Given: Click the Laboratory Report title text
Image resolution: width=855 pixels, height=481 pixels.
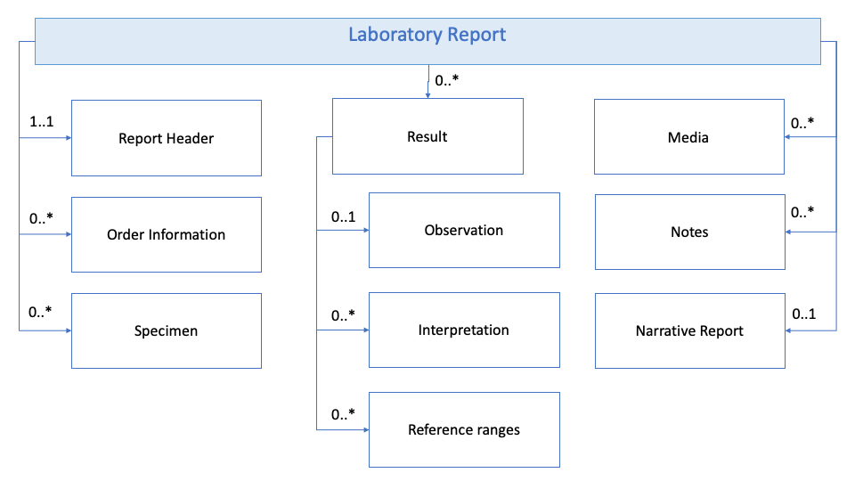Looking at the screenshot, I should [x=427, y=36].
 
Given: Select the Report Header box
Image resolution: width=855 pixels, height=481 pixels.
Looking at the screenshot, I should [x=167, y=138].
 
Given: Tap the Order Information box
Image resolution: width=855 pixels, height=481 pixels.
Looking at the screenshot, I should [x=167, y=235].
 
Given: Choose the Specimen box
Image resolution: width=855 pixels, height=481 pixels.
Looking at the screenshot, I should [x=167, y=330].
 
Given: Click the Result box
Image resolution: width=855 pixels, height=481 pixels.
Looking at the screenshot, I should [x=427, y=136].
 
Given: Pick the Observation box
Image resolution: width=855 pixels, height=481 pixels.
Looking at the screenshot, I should [x=464, y=230].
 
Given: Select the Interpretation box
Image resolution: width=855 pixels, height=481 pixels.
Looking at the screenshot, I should [x=464, y=330].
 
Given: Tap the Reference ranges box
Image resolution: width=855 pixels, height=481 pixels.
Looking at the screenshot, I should [x=464, y=429].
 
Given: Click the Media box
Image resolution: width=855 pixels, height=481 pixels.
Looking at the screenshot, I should [x=689, y=136].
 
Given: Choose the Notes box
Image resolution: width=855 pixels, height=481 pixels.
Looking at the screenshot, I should [x=689, y=232].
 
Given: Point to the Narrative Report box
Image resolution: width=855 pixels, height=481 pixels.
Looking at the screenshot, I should [x=689, y=330].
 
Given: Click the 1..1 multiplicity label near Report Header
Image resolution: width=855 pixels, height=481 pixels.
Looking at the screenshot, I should [x=41, y=122].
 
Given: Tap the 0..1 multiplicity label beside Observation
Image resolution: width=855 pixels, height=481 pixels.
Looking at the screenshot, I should [x=344, y=216].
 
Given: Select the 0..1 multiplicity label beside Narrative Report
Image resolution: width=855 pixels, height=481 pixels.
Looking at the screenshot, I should [x=804, y=314].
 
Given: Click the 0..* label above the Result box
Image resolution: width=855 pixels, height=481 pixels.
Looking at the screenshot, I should [x=447, y=82].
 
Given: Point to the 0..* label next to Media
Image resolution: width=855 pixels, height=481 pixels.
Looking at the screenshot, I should [x=802, y=122].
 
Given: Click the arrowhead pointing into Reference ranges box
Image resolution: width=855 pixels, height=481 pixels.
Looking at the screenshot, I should [x=365, y=430].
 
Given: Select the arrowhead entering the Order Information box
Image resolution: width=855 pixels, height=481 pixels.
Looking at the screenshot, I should [x=68, y=235].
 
